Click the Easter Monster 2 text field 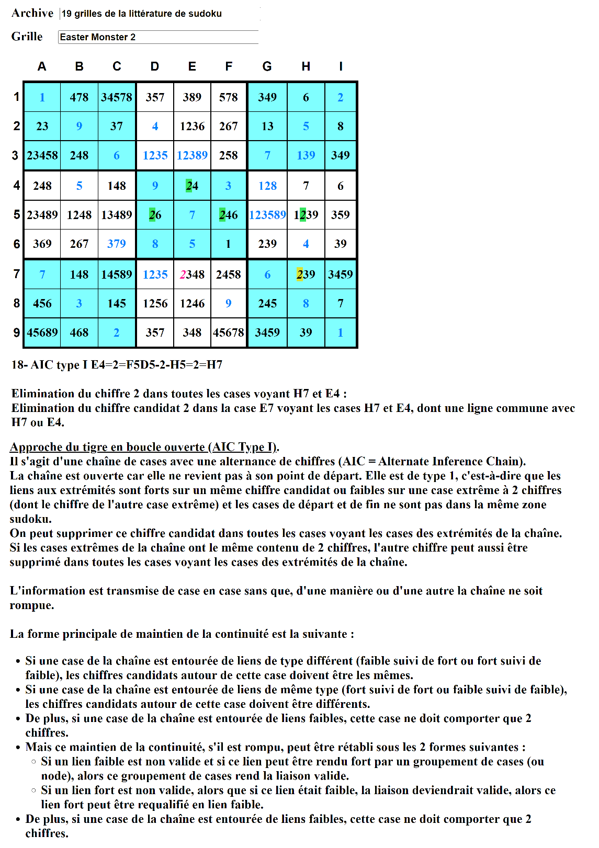[158, 37]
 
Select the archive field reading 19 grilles [160, 14]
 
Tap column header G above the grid [267, 66]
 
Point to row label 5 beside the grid [16, 215]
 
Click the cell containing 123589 [267, 215]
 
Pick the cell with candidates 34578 [117, 97]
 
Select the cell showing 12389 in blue [192, 155]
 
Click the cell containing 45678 [229, 333]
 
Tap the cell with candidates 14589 [117, 274]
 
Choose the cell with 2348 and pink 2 [192, 274]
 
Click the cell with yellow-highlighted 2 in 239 [306, 274]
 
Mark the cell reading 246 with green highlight [229, 215]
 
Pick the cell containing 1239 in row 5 [306, 215]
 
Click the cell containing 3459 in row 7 [341, 274]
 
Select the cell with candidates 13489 [117, 215]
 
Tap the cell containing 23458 [42, 155]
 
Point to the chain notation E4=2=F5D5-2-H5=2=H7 [156, 365]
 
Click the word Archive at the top [32, 13]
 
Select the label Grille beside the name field [27, 37]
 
